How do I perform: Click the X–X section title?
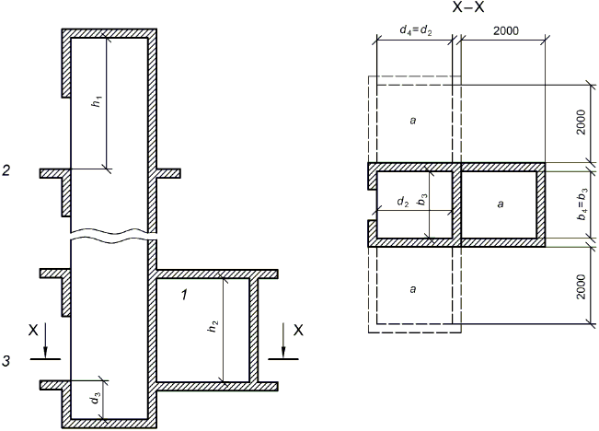click(x=468, y=7)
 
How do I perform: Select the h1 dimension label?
click(x=98, y=101)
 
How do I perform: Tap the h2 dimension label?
click(x=213, y=326)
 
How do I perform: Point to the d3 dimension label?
click(x=95, y=399)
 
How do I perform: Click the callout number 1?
click(x=184, y=295)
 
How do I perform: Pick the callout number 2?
click(x=6, y=170)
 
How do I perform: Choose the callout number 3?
click(x=6, y=361)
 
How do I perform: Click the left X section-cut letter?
click(x=33, y=330)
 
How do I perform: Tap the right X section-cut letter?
click(x=298, y=330)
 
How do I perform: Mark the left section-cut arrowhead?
click(x=45, y=353)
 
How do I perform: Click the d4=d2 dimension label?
click(x=416, y=30)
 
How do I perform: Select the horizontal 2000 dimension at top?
click(x=506, y=30)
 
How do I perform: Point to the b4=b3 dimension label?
click(x=582, y=204)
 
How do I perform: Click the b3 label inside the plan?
click(x=422, y=199)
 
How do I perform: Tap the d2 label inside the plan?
click(x=403, y=202)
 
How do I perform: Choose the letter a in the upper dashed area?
click(x=412, y=121)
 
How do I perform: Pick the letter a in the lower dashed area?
click(x=412, y=289)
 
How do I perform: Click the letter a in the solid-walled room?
click(x=501, y=204)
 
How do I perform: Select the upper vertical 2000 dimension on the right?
click(x=581, y=122)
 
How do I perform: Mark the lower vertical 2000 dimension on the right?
click(x=581, y=286)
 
